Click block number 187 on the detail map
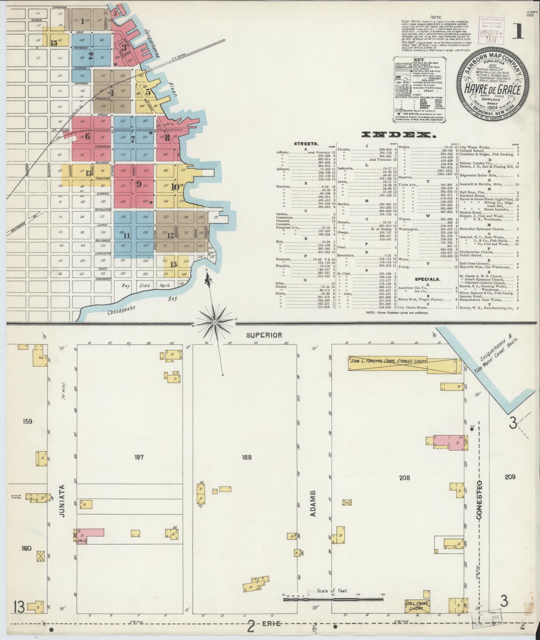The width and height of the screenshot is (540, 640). (x=139, y=457)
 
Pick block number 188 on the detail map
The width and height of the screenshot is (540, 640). (x=247, y=457)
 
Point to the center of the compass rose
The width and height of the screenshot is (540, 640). (x=215, y=322)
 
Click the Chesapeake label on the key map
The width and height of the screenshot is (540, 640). (x=122, y=310)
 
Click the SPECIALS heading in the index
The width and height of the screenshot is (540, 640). (x=427, y=279)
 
